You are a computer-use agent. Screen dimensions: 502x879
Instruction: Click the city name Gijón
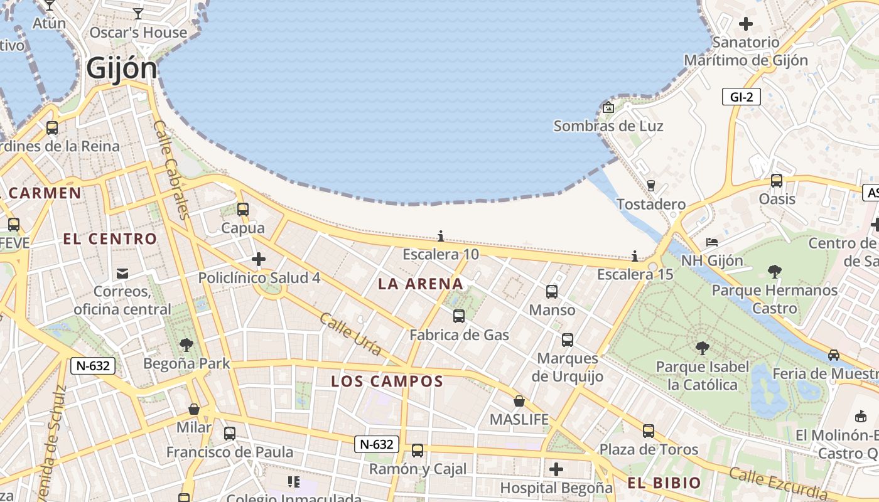tap(122, 68)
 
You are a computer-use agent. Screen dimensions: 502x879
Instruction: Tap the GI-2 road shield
tap(741, 97)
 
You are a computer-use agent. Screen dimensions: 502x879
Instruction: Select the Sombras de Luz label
tap(608, 126)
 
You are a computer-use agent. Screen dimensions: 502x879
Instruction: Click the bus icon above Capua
tap(243, 210)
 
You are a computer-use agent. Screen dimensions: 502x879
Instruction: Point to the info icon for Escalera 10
tap(441, 236)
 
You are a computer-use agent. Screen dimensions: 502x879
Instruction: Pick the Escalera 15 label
tap(635, 274)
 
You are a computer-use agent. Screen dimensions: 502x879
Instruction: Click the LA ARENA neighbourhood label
tap(421, 284)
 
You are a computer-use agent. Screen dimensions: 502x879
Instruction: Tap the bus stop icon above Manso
tap(552, 292)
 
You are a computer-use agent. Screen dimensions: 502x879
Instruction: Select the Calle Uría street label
tap(350, 334)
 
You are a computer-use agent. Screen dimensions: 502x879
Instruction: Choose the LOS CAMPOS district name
tap(387, 381)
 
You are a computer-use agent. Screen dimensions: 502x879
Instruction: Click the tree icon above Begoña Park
tap(186, 344)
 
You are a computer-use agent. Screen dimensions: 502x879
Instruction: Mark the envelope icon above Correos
tap(122, 274)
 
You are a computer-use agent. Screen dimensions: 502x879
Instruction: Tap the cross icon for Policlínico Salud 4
tap(259, 259)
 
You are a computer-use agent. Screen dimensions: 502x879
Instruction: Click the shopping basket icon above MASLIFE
tap(519, 401)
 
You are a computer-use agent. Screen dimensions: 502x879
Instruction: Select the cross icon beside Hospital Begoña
tap(556, 469)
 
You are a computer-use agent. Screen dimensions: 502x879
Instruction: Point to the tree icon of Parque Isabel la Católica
tap(703, 348)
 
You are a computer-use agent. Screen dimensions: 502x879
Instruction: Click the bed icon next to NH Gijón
tap(711, 242)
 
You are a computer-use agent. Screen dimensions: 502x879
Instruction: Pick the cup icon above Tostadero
tap(651, 185)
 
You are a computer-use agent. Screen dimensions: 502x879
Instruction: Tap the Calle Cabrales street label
tap(171, 169)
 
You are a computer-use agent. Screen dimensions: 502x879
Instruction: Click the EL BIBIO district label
tap(664, 483)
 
